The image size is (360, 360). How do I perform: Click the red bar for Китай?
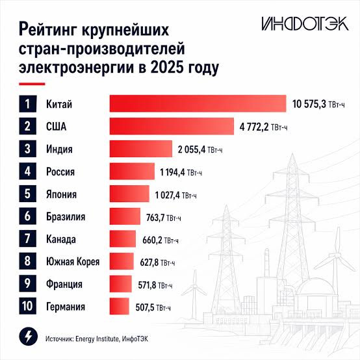pos(198,103)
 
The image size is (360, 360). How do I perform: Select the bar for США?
pos(172,126)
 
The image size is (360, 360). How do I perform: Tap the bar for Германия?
pos(120,306)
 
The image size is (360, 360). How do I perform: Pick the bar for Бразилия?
pos(125,216)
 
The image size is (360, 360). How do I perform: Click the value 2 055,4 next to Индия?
pos(192,149)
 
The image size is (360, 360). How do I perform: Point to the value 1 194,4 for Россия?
pos(172,172)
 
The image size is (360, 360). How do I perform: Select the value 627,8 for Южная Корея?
pos(149,263)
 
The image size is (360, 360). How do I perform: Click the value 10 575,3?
pos(309,104)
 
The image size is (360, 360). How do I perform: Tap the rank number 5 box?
pos(27,194)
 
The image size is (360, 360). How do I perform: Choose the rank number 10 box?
pos(27,306)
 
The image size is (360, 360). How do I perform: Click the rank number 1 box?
pos(27,103)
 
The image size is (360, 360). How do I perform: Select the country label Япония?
pos(61,194)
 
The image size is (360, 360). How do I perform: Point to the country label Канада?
pos(61,239)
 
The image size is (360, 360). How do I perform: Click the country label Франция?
pos(64,284)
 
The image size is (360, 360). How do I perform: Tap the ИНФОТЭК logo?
pos(305,23)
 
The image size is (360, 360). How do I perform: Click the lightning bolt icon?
pos(28,337)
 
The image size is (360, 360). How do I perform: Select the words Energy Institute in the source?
pos(97,339)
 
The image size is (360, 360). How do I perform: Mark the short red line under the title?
pos(32,84)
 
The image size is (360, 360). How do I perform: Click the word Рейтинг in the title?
pos(49,30)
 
